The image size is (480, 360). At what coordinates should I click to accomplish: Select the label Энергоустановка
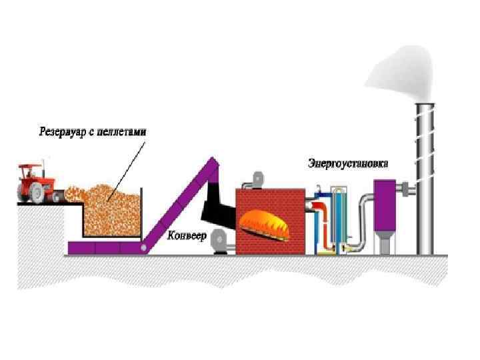(x=347, y=162)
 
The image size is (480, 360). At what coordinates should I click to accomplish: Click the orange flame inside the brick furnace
(x=267, y=223)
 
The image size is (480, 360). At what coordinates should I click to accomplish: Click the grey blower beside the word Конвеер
(x=219, y=240)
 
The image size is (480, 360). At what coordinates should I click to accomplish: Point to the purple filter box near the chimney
(x=385, y=203)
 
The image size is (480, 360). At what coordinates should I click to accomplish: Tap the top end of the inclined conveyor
(x=213, y=161)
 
